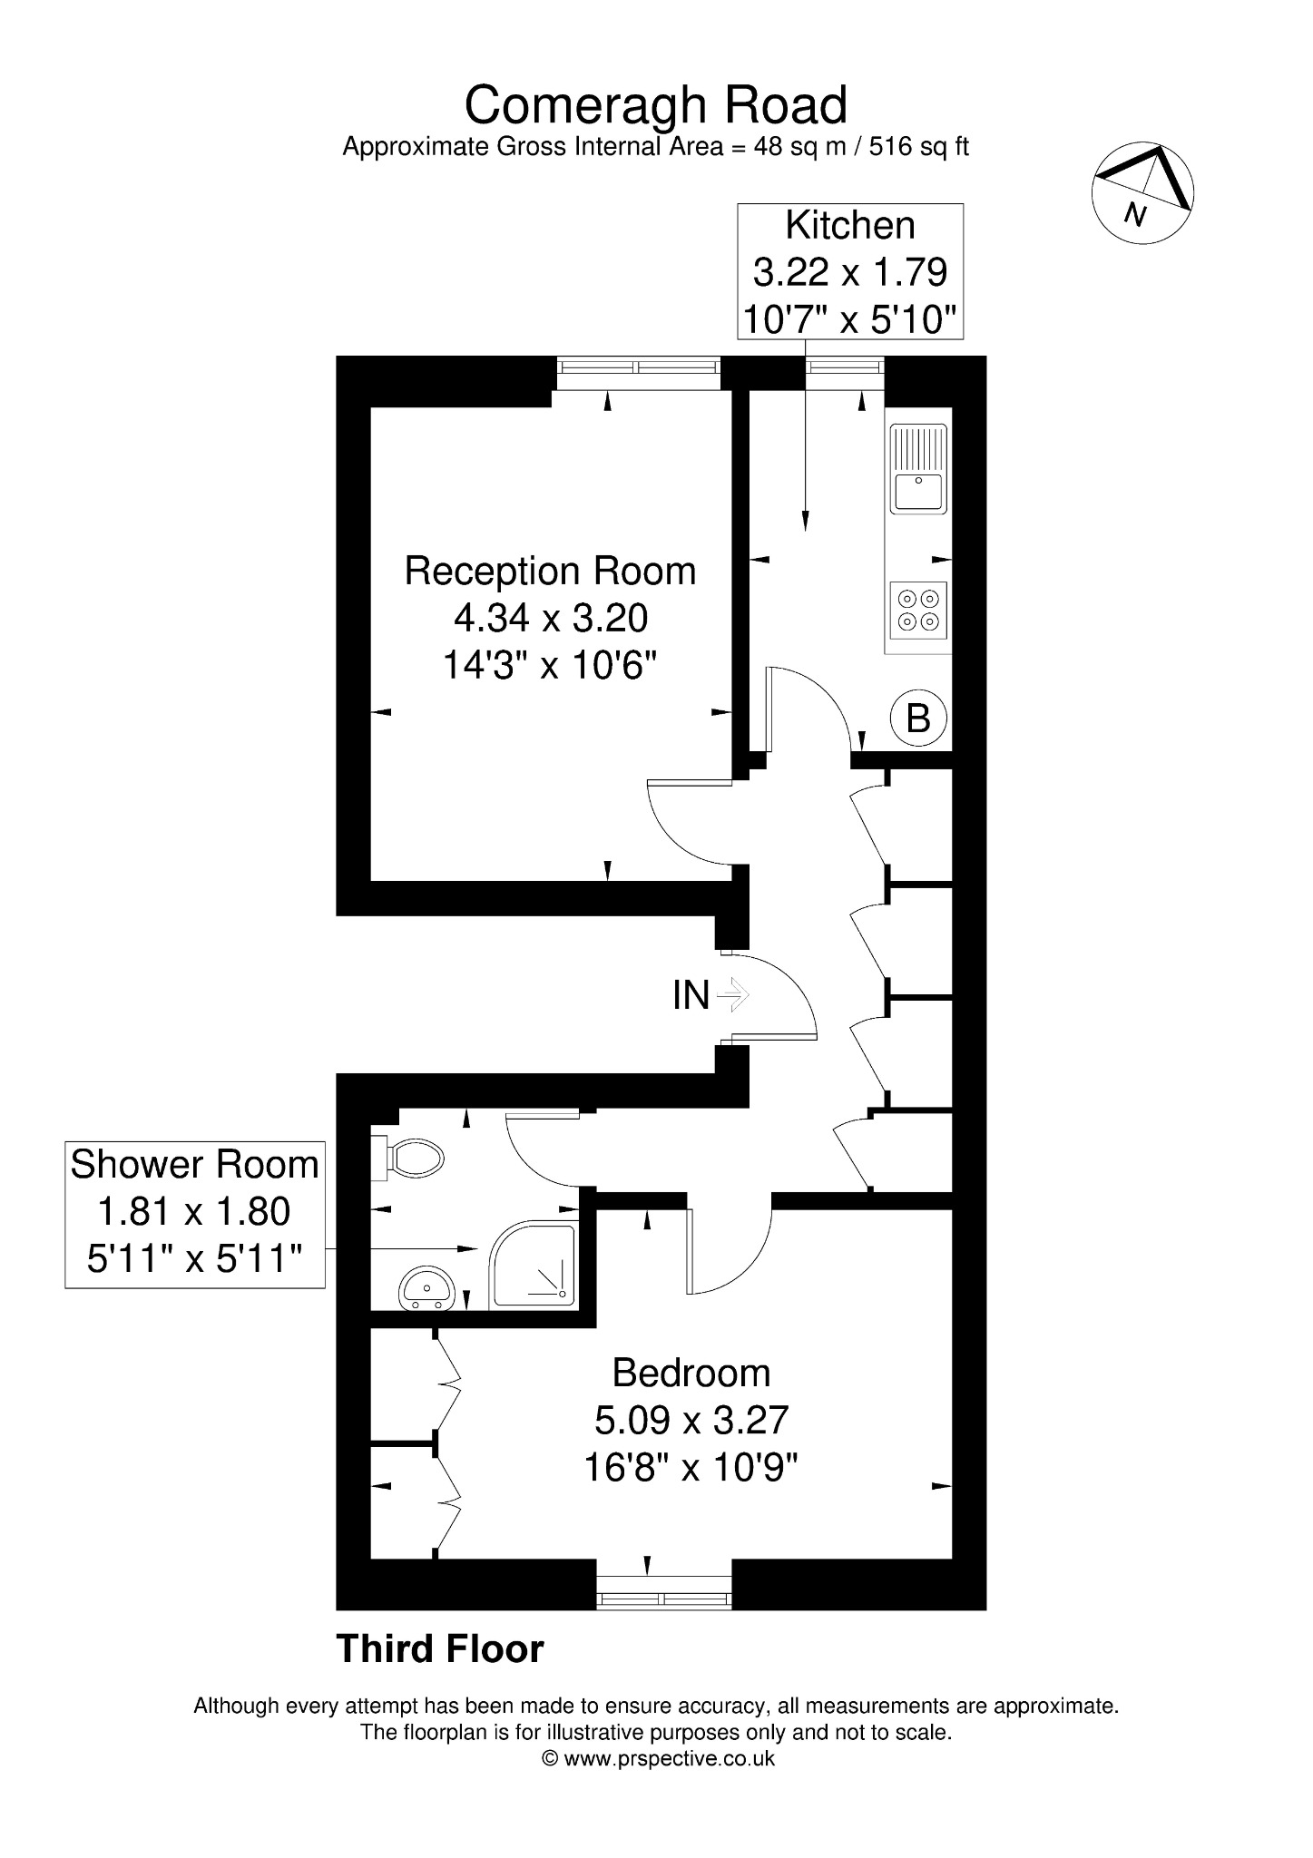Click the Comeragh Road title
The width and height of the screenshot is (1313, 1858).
pyautogui.click(x=656, y=105)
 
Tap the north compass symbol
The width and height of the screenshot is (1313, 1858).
pyautogui.click(x=1142, y=192)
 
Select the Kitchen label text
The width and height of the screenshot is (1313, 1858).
pyautogui.click(x=850, y=225)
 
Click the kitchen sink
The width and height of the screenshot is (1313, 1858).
pyautogui.click(x=919, y=469)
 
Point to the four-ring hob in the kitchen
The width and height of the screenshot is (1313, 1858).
pyautogui.click(x=919, y=610)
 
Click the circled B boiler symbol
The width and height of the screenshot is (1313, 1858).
pyautogui.click(x=918, y=719)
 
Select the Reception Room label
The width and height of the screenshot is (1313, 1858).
pyautogui.click(x=550, y=572)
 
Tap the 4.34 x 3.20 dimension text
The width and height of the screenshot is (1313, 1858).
pyautogui.click(x=551, y=619)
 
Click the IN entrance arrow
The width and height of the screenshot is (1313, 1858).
pyautogui.click(x=732, y=995)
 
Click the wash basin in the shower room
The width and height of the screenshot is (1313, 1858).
pyautogui.click(x=426, y=1288)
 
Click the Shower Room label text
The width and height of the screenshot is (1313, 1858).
pyautogui.click(x=195, y=1165)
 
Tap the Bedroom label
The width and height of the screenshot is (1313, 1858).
pyautogui.click(x=691, y=1373)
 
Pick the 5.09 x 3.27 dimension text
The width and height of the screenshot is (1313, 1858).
pyautogui.click(x=691, y=1420)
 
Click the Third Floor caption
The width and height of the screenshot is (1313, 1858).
pyautogui.click(x=440, y=1649)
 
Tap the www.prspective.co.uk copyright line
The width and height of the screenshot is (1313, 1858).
pyautogui.click(x=658, y=1759)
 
